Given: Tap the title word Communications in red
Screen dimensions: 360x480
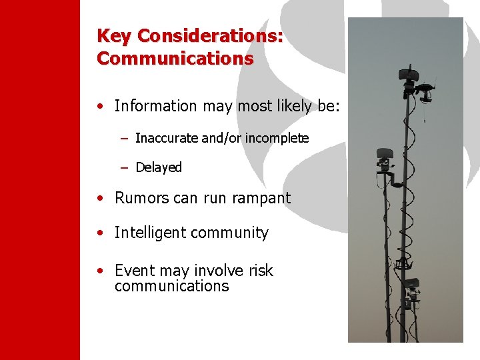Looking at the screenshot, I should (x=175, y=59).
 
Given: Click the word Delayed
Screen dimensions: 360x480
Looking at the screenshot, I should (x=159, y=167).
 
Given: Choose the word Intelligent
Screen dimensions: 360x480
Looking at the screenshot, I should (x=150, y=233).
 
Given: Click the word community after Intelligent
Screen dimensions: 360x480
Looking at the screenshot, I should (x=229, y=233).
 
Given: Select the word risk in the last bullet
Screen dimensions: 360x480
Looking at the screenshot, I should (x=261, y=271).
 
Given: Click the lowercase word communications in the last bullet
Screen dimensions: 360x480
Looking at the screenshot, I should (x=171, y=287).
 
